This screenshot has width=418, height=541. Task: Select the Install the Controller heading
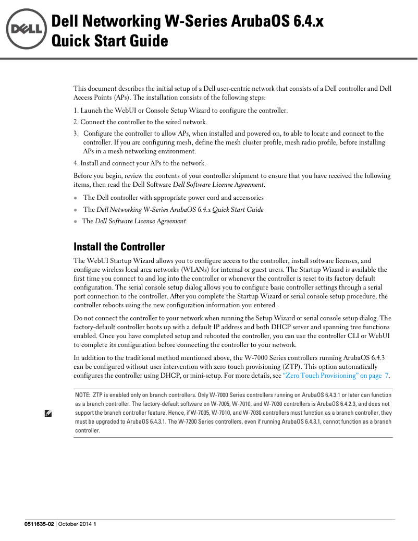pos(119,247)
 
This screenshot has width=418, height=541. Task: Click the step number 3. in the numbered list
pos(77,134)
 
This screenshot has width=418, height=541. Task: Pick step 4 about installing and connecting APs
pos(139,163)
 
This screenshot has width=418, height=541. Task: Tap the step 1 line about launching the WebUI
pos(180,111)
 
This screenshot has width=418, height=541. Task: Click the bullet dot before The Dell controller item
pos(76,198)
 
